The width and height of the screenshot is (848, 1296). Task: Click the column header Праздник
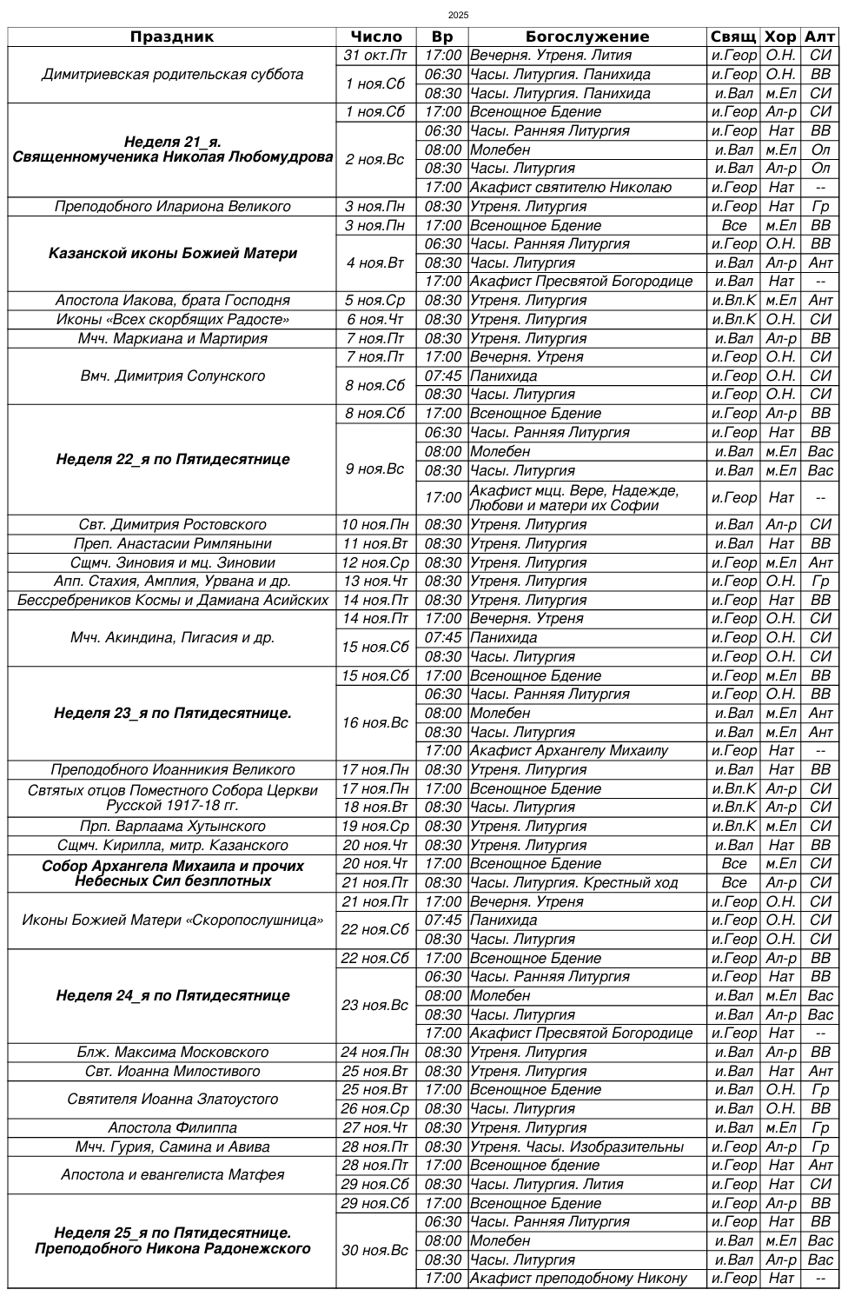pos(172,37)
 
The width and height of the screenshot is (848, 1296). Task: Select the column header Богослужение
pos(587,37)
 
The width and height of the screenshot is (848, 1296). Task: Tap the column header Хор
pos(780,37)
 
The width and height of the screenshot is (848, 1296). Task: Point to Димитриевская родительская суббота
pos(172,75)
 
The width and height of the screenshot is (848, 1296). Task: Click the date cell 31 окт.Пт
pos(375,56)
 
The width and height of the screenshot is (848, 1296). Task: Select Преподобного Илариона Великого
pos(172,207)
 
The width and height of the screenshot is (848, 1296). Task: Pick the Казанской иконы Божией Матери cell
pos(172,254)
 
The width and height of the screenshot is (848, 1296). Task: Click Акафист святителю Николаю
pos(570,188)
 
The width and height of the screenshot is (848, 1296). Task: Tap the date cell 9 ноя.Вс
pos(375,469)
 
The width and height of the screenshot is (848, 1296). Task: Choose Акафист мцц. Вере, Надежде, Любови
pos(574,498)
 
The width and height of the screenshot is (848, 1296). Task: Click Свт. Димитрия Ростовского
pos(172,525)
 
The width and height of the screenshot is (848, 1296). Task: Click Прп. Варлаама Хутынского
pos(172,827)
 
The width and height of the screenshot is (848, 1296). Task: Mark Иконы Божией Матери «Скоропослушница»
pos(172,920)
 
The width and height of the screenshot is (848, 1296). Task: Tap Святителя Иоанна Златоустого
pos(172,1100)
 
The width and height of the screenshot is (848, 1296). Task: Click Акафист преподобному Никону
pos(578,1279)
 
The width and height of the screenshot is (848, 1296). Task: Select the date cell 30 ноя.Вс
pos(375,1251)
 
